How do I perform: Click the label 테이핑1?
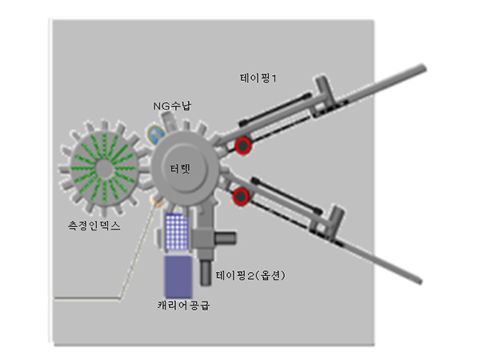pos(258,78)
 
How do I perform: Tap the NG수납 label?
pos(172,106)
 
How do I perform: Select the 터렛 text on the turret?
pos(180,169)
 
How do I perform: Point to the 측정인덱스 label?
pos(94,226)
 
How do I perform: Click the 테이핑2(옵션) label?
pos(250,275)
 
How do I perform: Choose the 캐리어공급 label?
pos(184,306)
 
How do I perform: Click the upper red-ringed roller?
pos(243,146)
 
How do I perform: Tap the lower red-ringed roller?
pos(241,196)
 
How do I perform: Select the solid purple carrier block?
pos(178,277)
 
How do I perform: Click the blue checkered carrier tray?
pos(177,232)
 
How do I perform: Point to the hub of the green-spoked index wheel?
pos(104,169)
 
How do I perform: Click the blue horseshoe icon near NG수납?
pos(157,134)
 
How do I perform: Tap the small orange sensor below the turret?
pos(158,201)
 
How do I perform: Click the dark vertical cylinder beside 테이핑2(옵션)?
pos(206,273)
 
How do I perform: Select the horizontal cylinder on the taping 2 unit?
pos(225,238)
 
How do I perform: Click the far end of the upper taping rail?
pos(423,68)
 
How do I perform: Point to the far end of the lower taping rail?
pos(419,281)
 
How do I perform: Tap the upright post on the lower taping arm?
pos(335,220)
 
